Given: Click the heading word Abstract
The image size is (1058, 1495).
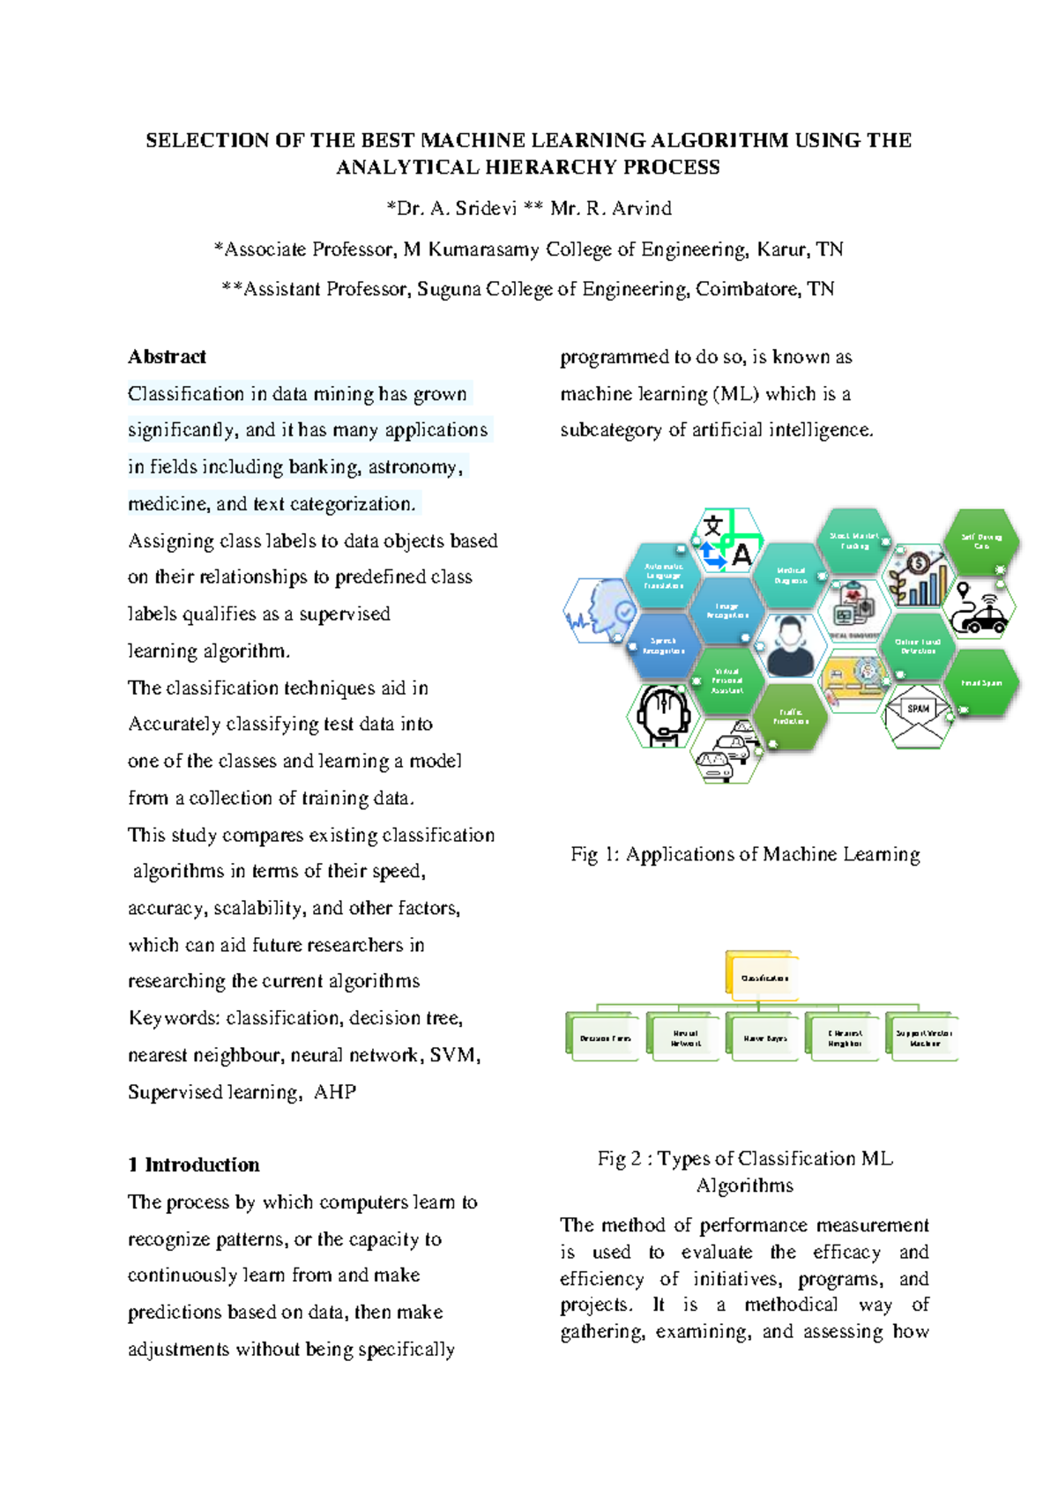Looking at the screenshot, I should pos(167,357).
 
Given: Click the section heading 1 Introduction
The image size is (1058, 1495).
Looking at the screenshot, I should pos(194,1165).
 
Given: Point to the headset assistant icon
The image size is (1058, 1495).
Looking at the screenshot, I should pos(663,715).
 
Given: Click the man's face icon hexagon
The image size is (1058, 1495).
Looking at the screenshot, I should pos(790,646).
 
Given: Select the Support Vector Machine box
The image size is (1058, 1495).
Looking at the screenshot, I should pos(923,1038).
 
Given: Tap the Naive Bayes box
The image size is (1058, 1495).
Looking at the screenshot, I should pos(764,1038).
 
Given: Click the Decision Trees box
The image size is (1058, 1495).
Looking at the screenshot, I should pos(604,1038).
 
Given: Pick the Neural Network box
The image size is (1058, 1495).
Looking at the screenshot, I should pos(684,1038).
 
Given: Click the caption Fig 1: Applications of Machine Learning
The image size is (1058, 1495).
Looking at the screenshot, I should pos(745,854).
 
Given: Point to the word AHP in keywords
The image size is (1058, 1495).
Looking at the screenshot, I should pos(335,1092).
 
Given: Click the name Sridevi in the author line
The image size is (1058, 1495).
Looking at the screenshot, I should pos(486,209).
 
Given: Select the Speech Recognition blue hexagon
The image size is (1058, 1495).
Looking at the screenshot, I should pos(663,645).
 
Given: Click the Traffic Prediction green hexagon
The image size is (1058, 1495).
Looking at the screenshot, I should pos(791,717).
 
